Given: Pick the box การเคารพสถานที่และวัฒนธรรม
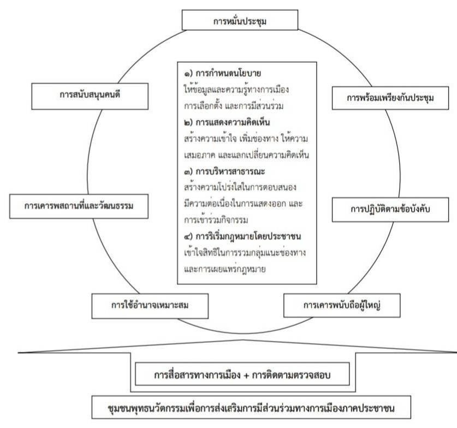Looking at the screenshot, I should (x=79, y=206).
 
